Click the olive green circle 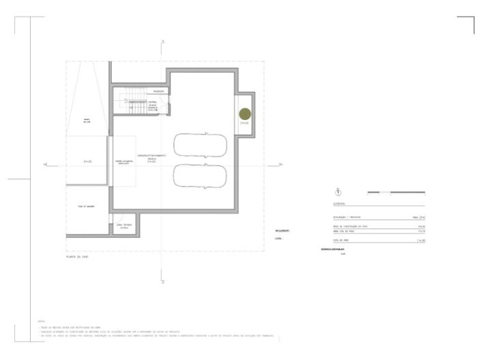point(244,114)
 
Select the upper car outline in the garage point(201,145)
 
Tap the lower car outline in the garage point(201,175)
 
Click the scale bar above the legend point(396,192)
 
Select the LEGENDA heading point(339,203)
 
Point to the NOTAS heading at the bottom point(42,320)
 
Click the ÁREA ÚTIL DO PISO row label point(348,230)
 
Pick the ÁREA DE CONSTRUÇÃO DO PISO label point(350,226)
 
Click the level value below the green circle point(244,123)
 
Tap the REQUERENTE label point(282,230)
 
